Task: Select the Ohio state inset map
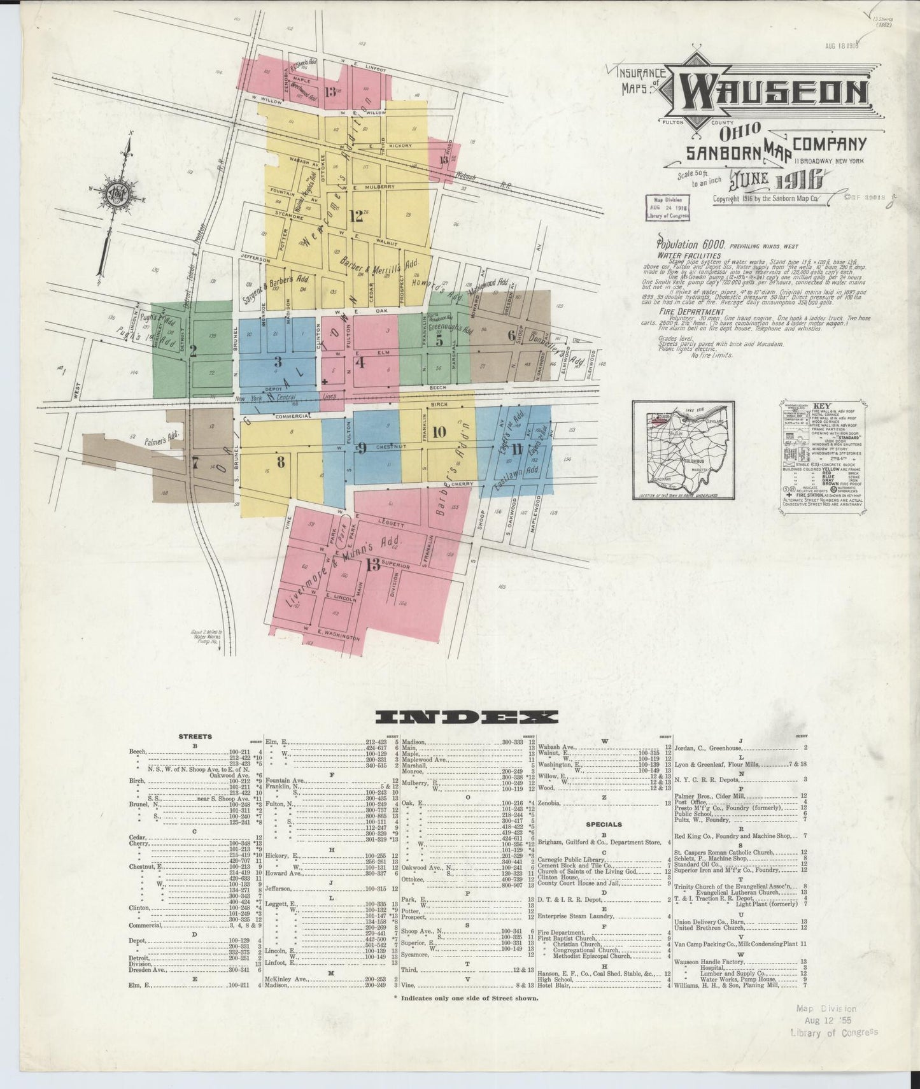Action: (x=683, y=450)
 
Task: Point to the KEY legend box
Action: (x=826, y=456)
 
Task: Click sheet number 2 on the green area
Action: (x=193, y=350)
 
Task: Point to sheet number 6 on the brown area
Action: (x=511, y=335)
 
